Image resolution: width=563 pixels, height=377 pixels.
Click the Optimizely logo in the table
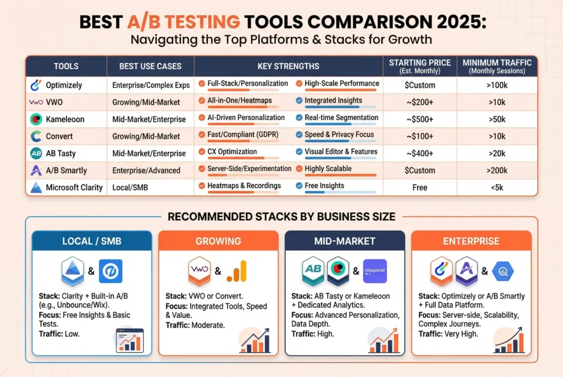[36, 85]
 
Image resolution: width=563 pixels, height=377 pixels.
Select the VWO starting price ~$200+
[420, 102]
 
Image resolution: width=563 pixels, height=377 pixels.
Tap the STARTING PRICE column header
[420, 66]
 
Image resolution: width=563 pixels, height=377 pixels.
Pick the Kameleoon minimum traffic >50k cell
[496, 119]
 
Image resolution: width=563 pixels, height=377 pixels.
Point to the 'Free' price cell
[420, 187]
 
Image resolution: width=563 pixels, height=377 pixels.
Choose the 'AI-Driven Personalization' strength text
[246, 117]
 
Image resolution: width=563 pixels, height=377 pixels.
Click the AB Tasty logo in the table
[36, 153]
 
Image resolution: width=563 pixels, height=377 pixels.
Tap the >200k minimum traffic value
[496, 170]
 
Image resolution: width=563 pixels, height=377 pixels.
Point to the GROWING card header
[218, 241]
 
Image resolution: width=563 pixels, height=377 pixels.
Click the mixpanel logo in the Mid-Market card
[375, 271]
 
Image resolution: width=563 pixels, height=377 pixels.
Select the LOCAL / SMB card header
[92, 241]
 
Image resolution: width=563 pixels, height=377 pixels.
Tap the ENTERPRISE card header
[471, 241]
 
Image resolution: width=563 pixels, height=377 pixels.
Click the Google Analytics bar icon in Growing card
[238, 271]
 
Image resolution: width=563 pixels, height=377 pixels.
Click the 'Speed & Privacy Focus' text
[339, 134]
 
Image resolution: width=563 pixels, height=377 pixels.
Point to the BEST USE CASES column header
[150, 66]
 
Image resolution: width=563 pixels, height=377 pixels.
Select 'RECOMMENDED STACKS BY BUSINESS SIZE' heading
[281, 217]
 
